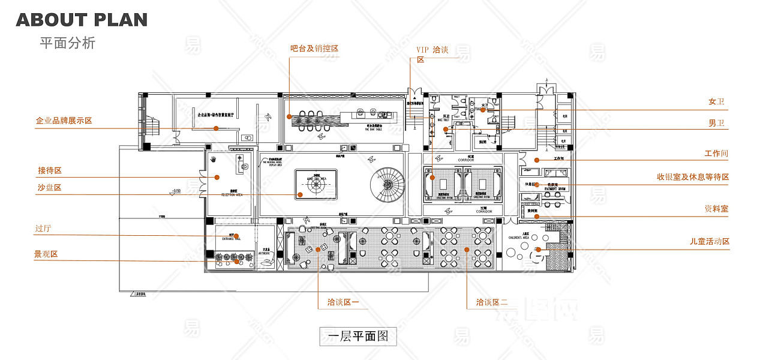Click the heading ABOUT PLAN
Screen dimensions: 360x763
(82, 19)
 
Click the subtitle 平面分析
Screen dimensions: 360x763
(67, 43)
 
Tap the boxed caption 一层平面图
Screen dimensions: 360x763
(358, 336)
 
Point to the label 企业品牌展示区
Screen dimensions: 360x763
(64, 121)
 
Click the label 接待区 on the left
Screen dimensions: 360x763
(50, 170)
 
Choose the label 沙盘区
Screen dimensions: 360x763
(50, 188)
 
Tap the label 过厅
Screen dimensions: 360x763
(43, 229)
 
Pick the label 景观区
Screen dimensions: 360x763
(46, 254)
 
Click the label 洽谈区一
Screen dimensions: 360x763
(343, 302)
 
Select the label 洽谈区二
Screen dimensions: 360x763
(492, 302)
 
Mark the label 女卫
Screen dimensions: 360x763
(716, 102)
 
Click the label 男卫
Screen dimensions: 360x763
(716, 123)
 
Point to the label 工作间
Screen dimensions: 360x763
(716, 154)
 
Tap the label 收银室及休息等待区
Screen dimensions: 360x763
(693, 177)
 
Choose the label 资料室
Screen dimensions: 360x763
(716, 209)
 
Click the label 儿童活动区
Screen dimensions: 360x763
(709, 241)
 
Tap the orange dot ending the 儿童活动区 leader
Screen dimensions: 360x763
(538, 249)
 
